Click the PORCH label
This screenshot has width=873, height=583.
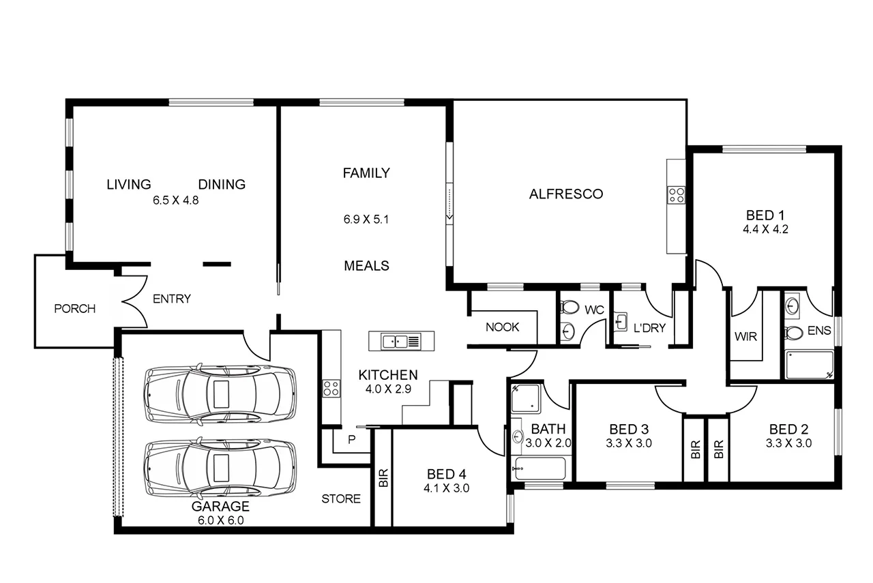(74, 309)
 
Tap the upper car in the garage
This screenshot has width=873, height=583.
(220, 394)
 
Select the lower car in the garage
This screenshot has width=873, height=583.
(220, 468)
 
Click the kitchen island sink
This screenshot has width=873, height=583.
(395, 340)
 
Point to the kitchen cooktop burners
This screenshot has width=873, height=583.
(331, 389)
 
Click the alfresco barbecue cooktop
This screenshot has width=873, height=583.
(676, 196)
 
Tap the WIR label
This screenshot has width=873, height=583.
(745, 336)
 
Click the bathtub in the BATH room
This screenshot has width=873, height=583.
(540, 469)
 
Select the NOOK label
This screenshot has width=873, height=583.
(503, 327)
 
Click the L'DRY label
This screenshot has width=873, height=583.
(649, 328)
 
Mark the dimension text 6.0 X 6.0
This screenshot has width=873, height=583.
(220, 520)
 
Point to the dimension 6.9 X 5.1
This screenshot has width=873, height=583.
(366, 220)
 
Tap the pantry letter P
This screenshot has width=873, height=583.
(352, 439)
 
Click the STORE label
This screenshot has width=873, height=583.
(341, 498)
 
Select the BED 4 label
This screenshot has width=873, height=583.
(447, 475)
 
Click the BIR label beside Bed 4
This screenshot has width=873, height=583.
(383, 478)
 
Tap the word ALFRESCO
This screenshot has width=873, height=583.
(566, 194)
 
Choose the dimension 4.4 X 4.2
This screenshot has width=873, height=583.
(765, 230)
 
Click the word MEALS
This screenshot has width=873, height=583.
(366, 266)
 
